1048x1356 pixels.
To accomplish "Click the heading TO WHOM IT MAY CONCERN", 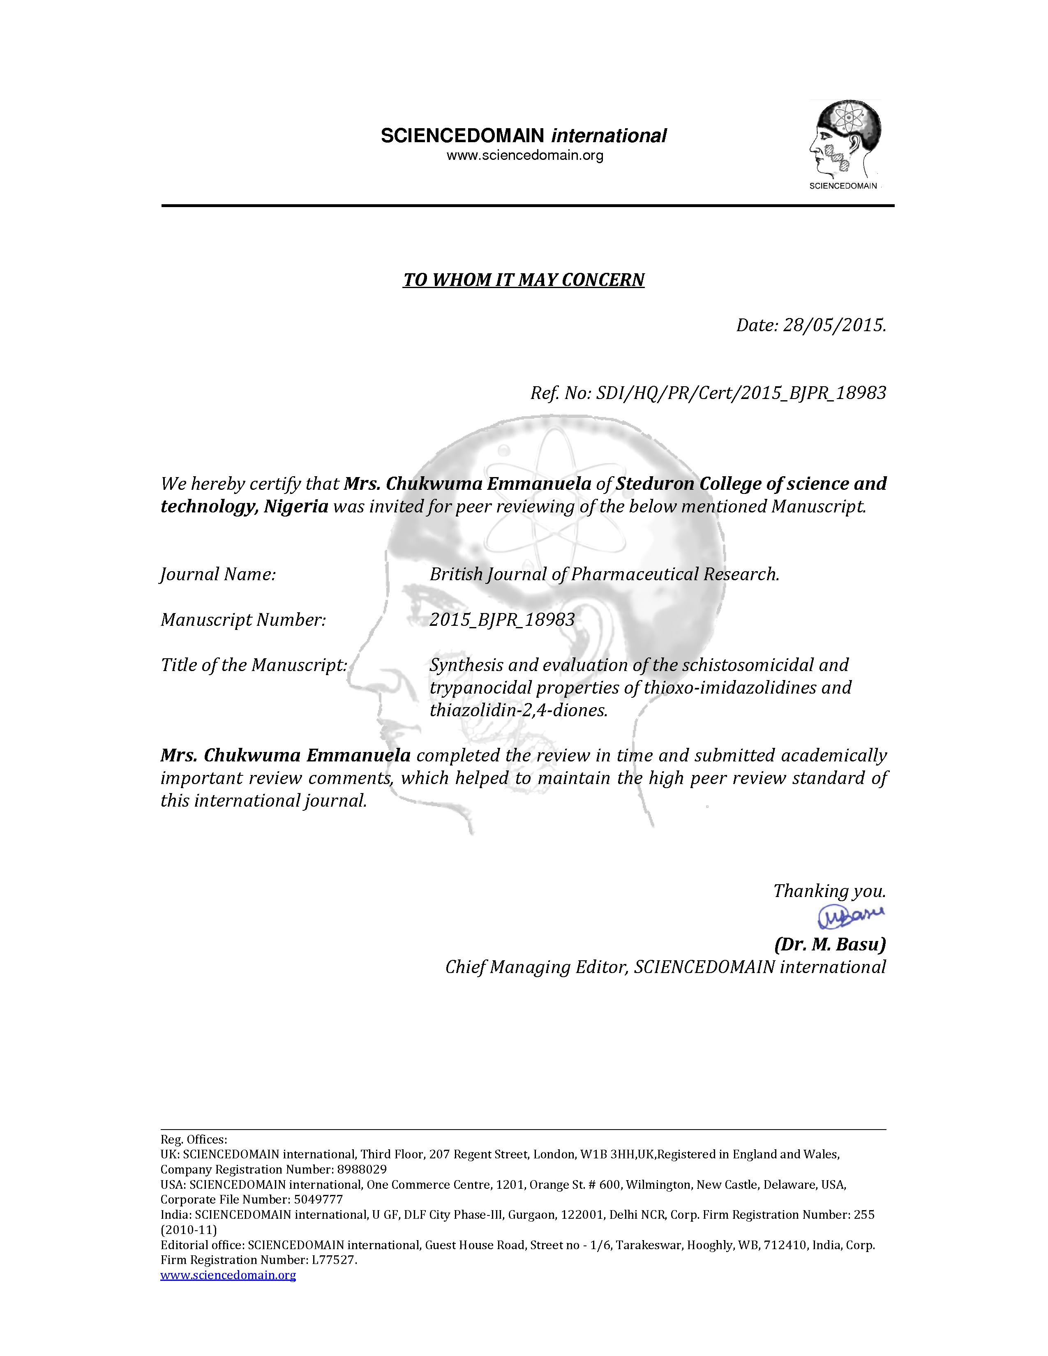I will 523,280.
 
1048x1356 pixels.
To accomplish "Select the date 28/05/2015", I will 834,325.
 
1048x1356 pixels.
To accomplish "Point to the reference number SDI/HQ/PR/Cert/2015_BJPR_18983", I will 741,393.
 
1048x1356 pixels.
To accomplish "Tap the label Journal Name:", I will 218,574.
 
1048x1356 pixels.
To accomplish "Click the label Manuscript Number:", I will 243,620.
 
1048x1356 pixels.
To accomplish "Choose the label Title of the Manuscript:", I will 254,665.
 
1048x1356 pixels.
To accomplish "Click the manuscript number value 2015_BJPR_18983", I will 502,620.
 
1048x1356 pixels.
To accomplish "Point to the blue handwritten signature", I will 850,916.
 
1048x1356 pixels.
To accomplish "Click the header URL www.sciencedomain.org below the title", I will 525,155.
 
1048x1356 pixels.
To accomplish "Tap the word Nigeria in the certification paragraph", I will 295,507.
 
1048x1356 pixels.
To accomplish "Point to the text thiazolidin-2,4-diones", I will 518,710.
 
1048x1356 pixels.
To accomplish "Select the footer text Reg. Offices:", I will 194,1139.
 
